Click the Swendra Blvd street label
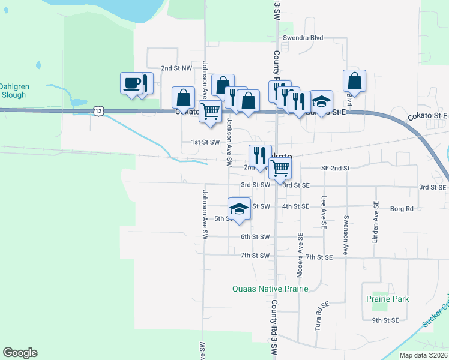click(303, 38)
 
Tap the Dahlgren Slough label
click(14, 91)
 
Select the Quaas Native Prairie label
click(270, 289)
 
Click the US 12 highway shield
click(99, 111)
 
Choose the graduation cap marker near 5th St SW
click(239, 209)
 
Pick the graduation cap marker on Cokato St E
click(322, 101)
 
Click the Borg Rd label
click(402, 209)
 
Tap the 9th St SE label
click(385, 320)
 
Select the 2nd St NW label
click(176, 69)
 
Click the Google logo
click(20, 353)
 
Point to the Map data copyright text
click(423, 355)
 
